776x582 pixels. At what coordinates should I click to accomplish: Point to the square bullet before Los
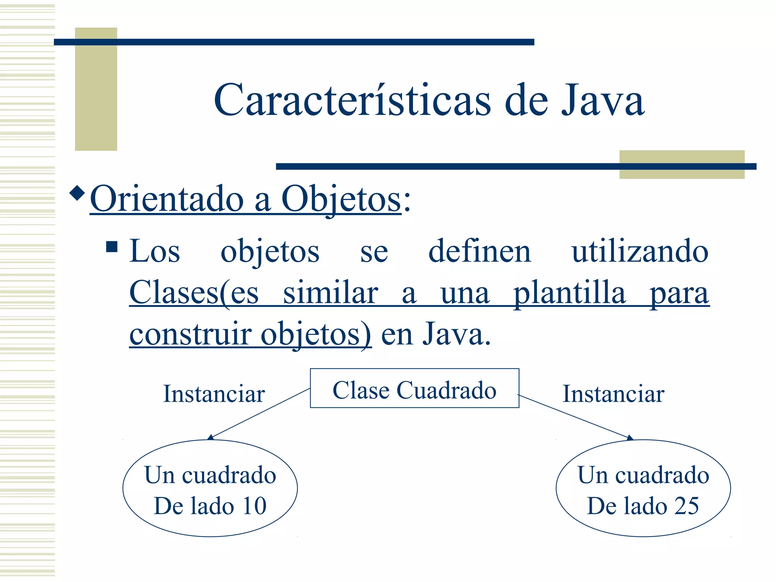pos(112,247)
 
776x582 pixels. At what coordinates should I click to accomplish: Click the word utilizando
pos(640,251)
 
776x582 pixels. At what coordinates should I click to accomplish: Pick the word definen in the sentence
pos(479,251)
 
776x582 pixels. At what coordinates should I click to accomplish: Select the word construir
pos(191,334)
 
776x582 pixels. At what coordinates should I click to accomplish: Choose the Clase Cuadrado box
pos(414,388)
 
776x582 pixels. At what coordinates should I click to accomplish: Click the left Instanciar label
pos(214,394)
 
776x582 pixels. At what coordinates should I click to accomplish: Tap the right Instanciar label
pos(613,394)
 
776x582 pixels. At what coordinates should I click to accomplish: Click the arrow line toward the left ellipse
pos(260,413)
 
